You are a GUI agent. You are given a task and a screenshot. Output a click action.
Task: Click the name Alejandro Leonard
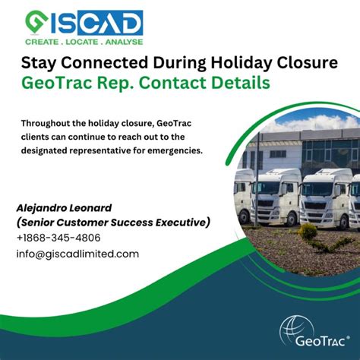[x=65, y=207]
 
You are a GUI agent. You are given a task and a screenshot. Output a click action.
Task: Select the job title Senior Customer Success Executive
[x=114, y=222]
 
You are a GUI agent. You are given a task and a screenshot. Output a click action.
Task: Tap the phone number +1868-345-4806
[x=58, y=238]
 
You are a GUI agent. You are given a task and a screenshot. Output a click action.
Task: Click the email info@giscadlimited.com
[x=77, y=254]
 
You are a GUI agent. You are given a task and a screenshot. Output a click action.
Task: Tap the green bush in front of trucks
[x=308, y=231]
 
